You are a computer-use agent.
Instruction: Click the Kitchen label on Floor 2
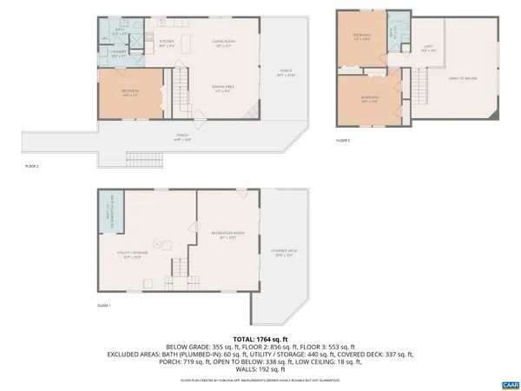[x=167, y=43]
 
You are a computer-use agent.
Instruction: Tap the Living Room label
[x=224, y=43]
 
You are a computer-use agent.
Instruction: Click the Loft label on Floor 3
[x=429, y=49]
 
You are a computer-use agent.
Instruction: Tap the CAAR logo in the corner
[x=508, y=383]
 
